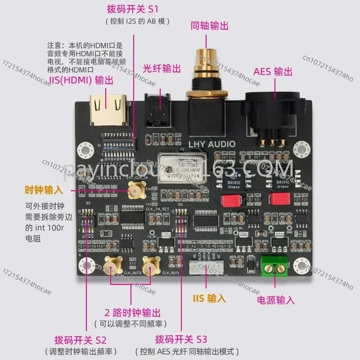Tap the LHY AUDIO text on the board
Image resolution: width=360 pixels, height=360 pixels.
pos(213,144)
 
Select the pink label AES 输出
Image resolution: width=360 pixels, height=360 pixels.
pos(273,72)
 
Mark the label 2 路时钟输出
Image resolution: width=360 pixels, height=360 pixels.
pos(132,312)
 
